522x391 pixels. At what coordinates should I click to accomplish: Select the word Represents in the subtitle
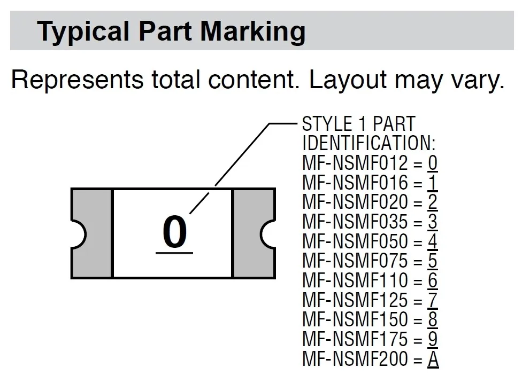click(77, 80)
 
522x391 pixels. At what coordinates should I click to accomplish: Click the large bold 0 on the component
click(174, 232)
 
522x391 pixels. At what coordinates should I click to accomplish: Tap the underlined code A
click(433, 359)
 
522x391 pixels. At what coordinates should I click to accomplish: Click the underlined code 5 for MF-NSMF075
click(432, 261)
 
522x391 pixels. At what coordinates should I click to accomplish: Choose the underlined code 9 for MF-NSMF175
click(432, 339)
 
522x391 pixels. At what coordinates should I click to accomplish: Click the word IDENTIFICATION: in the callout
click(369, 143)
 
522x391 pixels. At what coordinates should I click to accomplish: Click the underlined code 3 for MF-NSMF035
click(432, 222)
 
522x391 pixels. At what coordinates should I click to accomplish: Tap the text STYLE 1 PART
click(358, 124)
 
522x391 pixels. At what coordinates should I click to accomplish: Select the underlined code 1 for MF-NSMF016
click(432, 183)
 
